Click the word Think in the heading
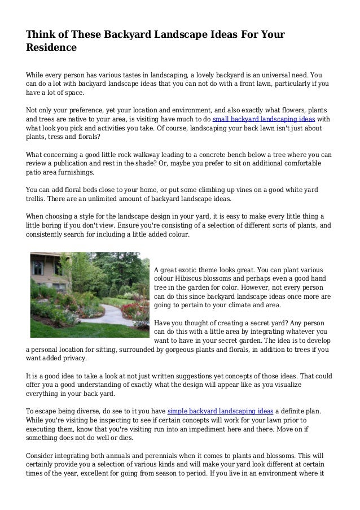[x=41, y=36]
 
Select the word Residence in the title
[x=51, y=49]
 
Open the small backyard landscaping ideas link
[x=264, y=120]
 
